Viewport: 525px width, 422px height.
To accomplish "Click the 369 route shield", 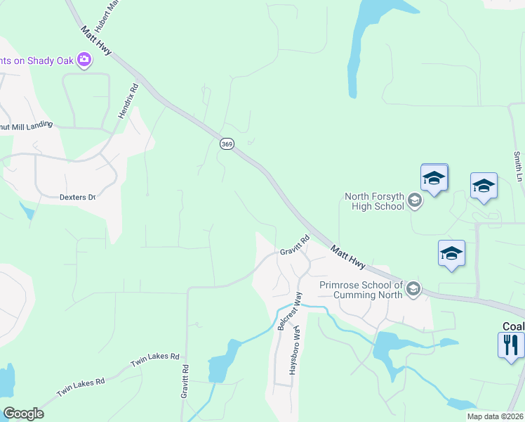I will [x=227, y=143].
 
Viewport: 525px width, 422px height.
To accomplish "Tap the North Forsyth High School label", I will [x=374, y=201].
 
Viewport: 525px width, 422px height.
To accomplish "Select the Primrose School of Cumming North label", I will [x=361, y=290].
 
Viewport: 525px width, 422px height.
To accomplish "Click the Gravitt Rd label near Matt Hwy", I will [x=295, y=245].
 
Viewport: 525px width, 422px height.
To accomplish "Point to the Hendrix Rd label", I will [x=129, y=101].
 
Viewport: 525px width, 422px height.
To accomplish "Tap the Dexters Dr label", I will [x=77, y=198].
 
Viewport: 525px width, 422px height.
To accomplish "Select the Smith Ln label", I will [x=518, y=168].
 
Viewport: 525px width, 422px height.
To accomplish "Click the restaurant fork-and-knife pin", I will [x=511, y=345].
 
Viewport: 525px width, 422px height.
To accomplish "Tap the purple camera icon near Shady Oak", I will [x=85, y=60].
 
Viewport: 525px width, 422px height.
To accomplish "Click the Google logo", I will [x=23, y=414].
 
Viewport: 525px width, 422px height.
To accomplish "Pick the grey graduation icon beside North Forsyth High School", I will [x=414, y=202].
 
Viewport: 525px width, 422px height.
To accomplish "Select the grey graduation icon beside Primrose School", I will [x=413, y=288].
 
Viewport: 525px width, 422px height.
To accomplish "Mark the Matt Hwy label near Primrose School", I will [x=348, y=257].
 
